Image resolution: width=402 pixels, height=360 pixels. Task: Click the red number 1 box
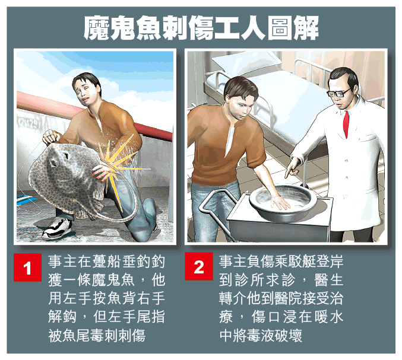tap(27, 267)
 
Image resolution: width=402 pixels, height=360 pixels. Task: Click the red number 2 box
tap(199, 266)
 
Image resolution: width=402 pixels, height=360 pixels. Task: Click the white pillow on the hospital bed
tap(246, 63)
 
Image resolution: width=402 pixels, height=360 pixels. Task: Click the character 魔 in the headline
tap(97, 28)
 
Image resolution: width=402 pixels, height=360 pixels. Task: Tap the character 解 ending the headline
tap(306, 28)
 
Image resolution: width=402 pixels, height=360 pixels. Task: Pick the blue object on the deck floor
tap(25, 199)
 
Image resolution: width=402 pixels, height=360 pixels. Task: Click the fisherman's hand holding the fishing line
tap(51, 137)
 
